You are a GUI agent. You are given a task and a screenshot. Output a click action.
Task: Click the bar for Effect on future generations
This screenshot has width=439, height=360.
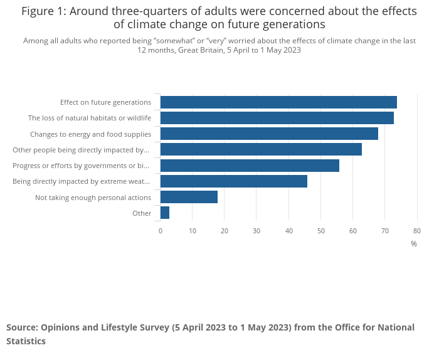278,102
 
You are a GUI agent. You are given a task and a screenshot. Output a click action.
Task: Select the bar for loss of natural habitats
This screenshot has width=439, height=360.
277,118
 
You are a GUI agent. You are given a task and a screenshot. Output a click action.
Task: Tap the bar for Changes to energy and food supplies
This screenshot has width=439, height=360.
269,134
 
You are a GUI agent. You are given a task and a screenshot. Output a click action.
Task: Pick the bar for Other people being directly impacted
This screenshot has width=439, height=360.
261,149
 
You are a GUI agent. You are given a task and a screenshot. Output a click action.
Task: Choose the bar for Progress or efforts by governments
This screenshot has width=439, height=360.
250,166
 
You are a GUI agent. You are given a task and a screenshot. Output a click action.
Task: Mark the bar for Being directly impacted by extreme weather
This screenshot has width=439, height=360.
233,181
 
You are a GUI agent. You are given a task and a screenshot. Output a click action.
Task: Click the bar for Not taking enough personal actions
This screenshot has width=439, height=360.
189,197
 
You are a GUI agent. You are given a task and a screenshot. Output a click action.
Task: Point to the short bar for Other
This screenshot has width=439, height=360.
165,213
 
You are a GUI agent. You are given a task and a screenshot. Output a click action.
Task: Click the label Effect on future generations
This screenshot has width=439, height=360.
105,102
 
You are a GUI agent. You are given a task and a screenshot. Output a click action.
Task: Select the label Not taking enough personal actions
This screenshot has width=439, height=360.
93,198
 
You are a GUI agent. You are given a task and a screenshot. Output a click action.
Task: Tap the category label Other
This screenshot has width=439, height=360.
142,213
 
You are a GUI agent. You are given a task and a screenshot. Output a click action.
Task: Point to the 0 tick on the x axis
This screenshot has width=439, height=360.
161,231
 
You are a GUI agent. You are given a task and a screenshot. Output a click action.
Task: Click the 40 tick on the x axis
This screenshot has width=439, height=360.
288,231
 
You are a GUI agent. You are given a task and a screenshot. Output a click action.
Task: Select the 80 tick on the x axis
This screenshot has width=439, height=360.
416,231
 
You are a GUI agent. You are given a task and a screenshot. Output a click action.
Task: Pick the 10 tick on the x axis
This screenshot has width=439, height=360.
193,231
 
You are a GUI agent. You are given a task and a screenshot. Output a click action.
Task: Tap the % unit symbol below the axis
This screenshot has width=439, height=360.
414,244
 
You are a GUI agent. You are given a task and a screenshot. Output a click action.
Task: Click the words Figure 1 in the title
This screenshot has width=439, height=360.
45,11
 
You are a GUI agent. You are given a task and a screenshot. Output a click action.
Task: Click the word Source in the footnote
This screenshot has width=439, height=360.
21,327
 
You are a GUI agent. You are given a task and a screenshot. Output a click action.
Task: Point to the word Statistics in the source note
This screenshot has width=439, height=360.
26,341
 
